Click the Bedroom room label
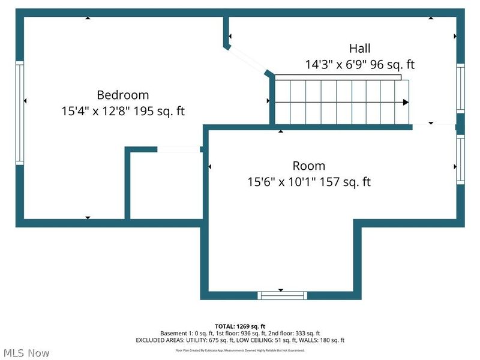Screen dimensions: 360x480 (123, 95)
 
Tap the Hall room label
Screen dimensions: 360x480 (360, 49)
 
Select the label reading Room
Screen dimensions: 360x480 (309, 166)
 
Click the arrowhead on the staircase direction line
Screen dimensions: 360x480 (406, 103)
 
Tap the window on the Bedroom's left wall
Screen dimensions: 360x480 (20, 113)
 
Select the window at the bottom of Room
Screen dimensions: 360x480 (282, 295)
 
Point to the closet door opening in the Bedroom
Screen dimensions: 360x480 (179, 149)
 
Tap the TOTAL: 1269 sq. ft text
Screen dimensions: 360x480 (239, 326)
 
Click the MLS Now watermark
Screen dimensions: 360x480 (26, 353)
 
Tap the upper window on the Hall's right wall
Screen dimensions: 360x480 (460, 88)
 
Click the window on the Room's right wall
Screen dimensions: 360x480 (460, 160)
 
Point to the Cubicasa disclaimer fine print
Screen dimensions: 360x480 (240, 350)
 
